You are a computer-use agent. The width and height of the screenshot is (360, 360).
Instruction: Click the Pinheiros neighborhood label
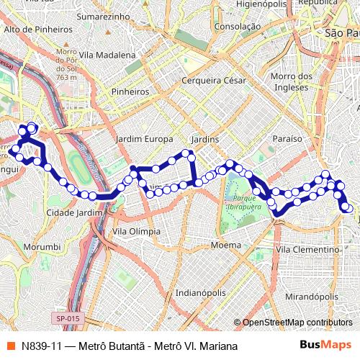point(130,92)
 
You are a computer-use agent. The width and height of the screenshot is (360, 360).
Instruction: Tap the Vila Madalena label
point(108,55)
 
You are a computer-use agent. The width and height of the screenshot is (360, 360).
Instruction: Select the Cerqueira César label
point(210,81)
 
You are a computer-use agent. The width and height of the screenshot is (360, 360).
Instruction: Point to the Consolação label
point(237,27)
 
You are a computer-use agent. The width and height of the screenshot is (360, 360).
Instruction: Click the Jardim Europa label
point(144,138)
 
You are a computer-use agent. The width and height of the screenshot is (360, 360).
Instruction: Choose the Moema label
point(226,246)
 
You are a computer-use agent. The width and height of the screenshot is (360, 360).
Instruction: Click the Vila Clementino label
point(307,249)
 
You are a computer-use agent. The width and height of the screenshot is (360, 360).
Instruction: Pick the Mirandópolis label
point(312,296)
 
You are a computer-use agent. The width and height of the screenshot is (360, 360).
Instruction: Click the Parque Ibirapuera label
point(246,201)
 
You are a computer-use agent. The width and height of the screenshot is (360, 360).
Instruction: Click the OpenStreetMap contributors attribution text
point(297,323)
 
